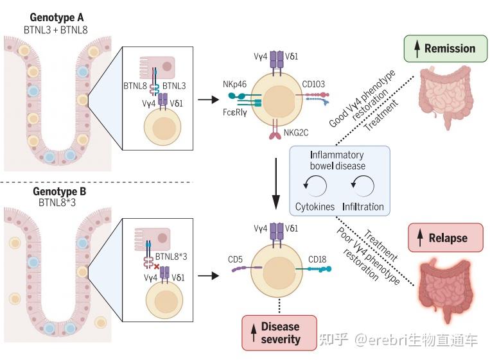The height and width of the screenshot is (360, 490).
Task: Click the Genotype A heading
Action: click(x=57, y=17)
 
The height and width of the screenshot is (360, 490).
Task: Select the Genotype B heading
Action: click(x=59, y=191)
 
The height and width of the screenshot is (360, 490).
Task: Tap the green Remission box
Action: click(x=445, y=48)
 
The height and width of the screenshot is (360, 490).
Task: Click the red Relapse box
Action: click(x=445, y=237)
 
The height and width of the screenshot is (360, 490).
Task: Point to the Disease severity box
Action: click(x=279, y=333)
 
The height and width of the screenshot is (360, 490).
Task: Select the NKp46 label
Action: click(x=234, y=84)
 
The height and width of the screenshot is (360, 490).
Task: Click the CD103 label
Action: click(x=313, y=84)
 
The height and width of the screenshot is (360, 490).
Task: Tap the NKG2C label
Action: click(x=296, y=133)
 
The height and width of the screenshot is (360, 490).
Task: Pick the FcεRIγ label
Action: click(x=234, y=112)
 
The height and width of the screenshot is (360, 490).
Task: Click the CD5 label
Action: click(x=235, y=259)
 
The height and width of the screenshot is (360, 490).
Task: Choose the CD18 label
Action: click(x=317, y=259)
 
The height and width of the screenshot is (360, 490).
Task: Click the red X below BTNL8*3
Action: click(x=157, y=267)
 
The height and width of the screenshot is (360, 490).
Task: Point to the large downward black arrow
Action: click(x=276, y=184)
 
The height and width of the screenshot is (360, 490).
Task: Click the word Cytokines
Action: click(x=315, y=207)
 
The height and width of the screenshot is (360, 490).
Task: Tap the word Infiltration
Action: click(x=363, y=207)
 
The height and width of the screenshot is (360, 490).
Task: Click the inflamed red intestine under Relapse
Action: click(x=445, y=290)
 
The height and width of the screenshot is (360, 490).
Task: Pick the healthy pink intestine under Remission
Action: click(x=445, y=97)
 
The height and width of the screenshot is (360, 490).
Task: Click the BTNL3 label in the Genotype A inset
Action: click(x=174, y=86)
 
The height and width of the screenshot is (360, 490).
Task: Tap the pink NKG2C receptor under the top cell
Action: click(x=275, y=135)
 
